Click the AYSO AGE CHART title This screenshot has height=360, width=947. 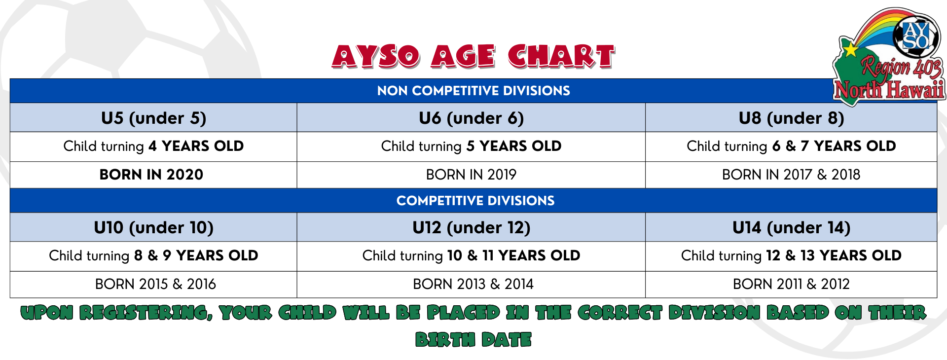click(x=473, y=56)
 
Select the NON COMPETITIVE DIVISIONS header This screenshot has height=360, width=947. click(x=473, y=91)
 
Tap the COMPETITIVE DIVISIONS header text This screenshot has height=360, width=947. click(x=475, y=201)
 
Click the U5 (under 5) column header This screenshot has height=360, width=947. click(x=153, y=118)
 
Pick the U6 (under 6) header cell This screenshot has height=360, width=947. click(x=471, y=118)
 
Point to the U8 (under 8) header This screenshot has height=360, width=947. click(x=791, y=118)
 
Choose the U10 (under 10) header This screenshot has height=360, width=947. click(x=153, y=227)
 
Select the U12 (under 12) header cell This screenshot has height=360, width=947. click(x=471, y=227)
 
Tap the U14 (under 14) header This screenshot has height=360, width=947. click(x=791, y=227)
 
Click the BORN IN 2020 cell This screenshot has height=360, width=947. click(x=151, y=175)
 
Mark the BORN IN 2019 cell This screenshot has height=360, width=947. click(x=471, y=175)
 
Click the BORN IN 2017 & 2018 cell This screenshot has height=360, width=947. click(x=791, y=175)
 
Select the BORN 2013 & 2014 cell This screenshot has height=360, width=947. click(x=473, y=284)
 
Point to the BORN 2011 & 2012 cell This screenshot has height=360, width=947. click(x=791, y=284)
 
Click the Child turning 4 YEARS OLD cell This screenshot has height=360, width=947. click(x=153, y=146)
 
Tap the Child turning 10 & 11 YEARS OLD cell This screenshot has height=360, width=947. click(x=471, y=255)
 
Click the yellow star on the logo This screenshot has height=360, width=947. click(x=850, y=49)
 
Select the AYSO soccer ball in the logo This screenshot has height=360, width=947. click(x=916, y=36)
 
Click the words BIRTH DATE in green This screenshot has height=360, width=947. click(x=473, y=339)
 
